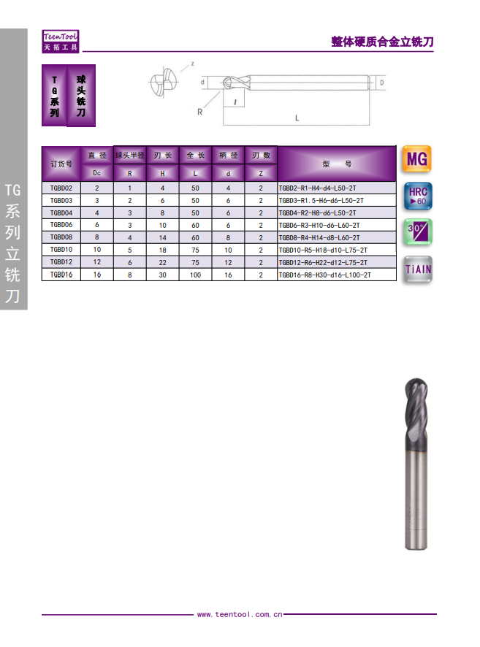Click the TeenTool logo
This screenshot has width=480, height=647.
60,42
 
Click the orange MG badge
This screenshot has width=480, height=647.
417,159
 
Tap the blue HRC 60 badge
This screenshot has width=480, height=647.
418,196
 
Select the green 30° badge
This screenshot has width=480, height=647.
418,232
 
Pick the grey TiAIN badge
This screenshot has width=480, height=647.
418,269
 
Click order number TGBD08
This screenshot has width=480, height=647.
61,237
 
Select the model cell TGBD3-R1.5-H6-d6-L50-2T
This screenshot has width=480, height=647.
321,201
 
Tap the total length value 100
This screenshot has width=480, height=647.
195,275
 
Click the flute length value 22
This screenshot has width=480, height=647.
163,262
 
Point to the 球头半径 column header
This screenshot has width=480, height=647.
130,156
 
